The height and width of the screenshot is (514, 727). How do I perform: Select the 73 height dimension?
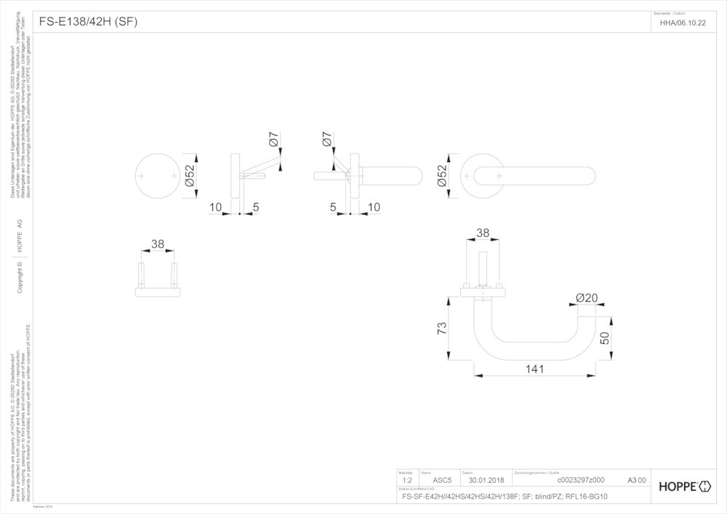(x=441, y=329)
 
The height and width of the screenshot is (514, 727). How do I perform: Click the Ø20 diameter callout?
(x=586, y=298)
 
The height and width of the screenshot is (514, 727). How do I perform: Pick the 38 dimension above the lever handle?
(x=483, y=233)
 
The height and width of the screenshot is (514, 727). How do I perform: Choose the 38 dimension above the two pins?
(x=158, y=245)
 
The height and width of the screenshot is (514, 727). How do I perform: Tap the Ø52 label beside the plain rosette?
(x=190, y=177)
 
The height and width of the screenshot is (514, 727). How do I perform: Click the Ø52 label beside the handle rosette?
(x=441, y=177)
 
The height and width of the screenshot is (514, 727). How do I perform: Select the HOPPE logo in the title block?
(x=686, y=485)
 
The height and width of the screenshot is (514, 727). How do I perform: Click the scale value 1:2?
(x=407, y=481)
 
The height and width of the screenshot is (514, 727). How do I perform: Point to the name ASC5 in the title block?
(x=442, y=481)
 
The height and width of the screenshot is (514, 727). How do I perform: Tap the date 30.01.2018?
(x=486, y=481)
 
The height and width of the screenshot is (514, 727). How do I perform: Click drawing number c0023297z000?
(x=580, y=481)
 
